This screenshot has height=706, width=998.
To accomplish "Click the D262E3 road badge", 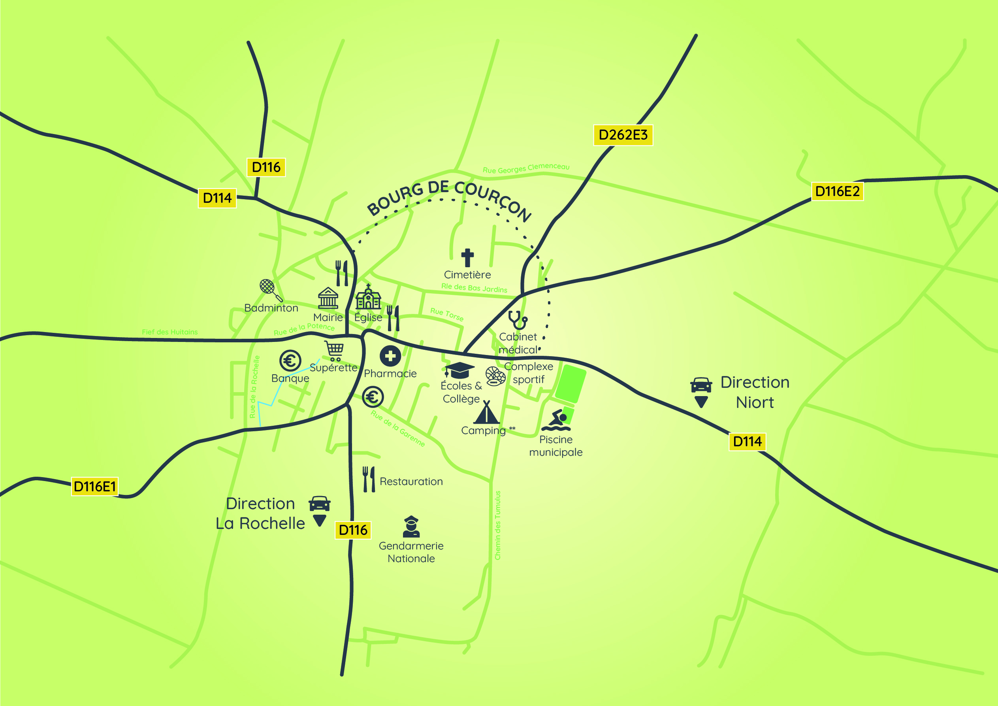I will [623, 135].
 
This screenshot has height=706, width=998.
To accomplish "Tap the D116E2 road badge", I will [837, 191].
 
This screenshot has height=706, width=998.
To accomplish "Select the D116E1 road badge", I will [95, 486].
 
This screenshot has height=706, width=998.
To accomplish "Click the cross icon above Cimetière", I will [467, 257].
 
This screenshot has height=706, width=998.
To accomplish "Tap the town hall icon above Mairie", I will [328, 298].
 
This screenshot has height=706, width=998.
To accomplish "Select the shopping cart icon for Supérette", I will [334, 351].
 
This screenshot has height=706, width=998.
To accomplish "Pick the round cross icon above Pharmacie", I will [390, 356].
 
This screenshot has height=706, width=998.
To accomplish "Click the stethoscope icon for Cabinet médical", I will [518, 320].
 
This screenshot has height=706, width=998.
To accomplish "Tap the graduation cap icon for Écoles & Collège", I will [459, 370].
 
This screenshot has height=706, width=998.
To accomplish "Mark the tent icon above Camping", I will [486, 412].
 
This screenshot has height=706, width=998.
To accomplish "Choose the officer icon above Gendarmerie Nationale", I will [411, 527].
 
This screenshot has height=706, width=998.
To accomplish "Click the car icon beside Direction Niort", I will [700, 385].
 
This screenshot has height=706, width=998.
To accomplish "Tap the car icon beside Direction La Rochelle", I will [320, 504].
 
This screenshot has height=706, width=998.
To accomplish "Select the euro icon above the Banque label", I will [290, 361].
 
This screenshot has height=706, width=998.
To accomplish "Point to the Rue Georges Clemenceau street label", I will [526, 168].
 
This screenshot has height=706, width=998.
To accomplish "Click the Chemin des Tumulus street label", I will [498, 525].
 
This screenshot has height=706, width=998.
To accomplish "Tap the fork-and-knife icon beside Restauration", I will [369, 479].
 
